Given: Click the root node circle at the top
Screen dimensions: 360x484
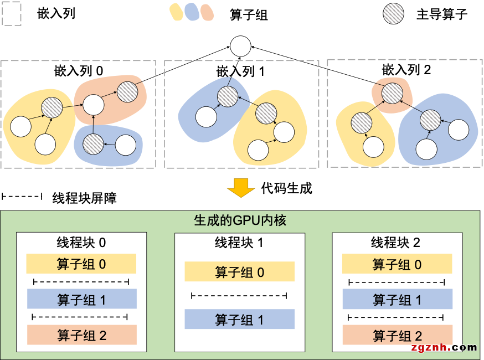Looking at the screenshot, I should click(x=241, y=46).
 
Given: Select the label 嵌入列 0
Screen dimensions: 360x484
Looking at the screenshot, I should click(x=79, y=70).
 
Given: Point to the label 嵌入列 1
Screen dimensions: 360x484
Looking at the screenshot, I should click(x=241, y=71).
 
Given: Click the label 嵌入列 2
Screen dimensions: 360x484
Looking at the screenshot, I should click(x=406, y=70).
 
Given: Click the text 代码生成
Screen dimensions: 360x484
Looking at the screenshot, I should click(x=286, y=188).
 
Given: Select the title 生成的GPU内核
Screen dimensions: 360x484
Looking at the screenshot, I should click(x=240, y=220).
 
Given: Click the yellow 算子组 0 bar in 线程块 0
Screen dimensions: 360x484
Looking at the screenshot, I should click(x=81, y=264).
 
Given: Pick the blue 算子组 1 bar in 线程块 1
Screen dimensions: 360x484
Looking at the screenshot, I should click(x=239, y=320).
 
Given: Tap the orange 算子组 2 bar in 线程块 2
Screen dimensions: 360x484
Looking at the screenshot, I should click(x=397, y=335).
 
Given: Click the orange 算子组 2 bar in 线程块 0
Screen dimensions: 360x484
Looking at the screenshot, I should click(x=81, y=335).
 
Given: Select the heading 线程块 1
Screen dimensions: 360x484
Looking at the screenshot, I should click(x=239, y=243).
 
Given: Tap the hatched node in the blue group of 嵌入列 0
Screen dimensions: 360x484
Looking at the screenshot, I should click(x=92, y=144).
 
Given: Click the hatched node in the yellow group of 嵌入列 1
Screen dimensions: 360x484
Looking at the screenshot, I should click(x=266, y=114).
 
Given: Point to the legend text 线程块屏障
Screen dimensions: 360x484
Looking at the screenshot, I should click(x=84, y=198).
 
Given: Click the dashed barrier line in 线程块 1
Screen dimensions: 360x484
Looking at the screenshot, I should click(x=239, y=296).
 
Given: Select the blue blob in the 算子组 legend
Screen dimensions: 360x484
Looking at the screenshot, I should click(x=192, y=12).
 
